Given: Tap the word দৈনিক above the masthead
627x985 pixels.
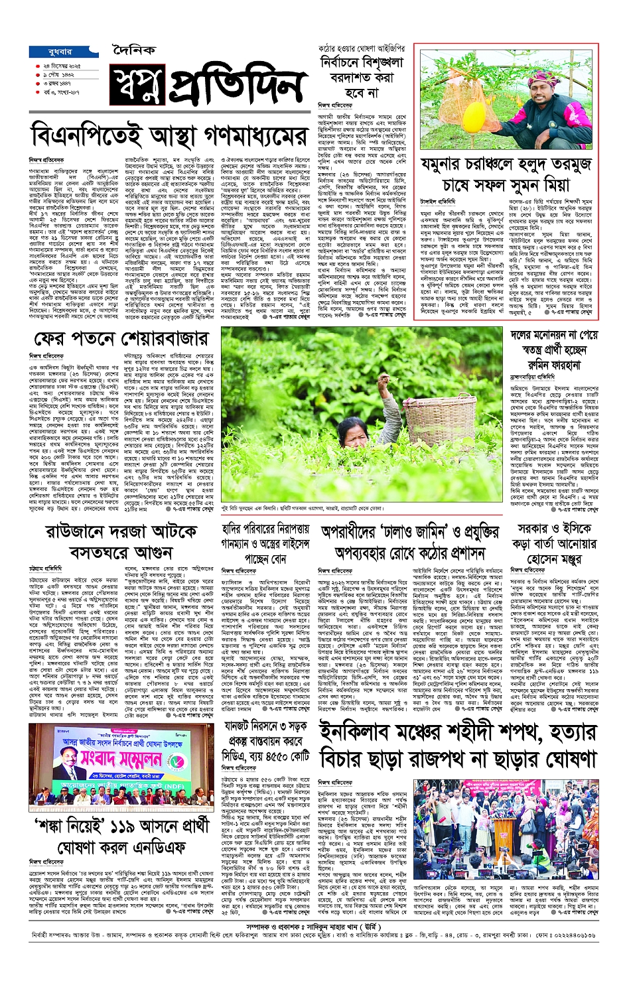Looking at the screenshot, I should point(133,50).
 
